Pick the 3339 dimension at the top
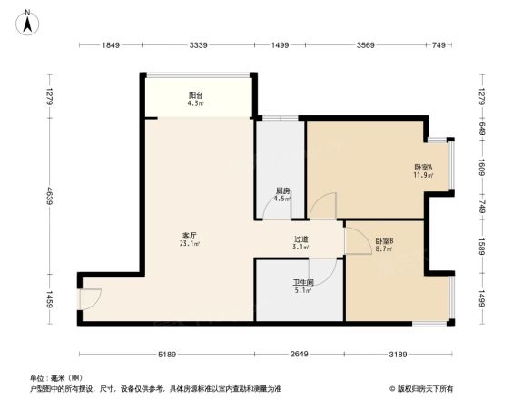coord(199,44)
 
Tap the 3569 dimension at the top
coord(366,44)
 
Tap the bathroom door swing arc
coord(320,269)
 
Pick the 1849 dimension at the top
coord(111,44)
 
